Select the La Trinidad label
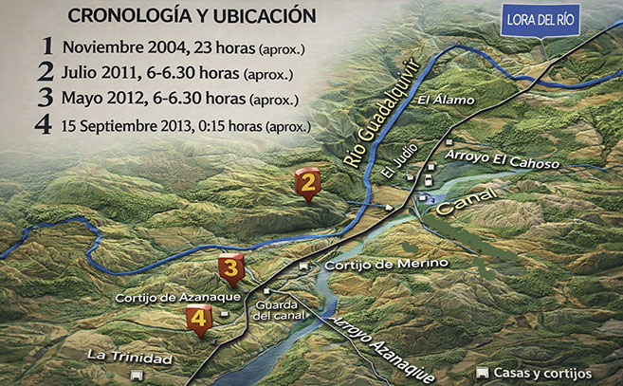129,358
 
